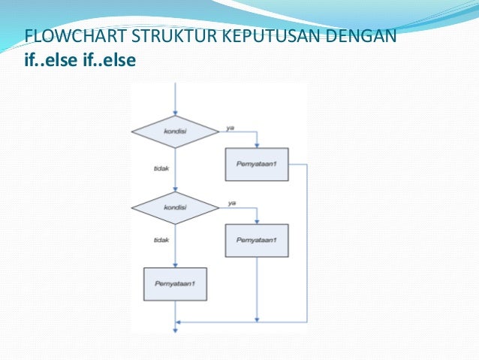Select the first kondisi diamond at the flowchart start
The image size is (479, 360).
coord(175,132)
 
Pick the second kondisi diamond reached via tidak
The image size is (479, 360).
coord(175,208)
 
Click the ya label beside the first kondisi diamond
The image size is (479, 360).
coord(230,128)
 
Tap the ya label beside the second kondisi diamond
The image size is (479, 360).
coord(232,204)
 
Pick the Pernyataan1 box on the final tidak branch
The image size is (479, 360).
coord(175,285)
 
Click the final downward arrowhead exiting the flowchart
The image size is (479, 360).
coord(175,329)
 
